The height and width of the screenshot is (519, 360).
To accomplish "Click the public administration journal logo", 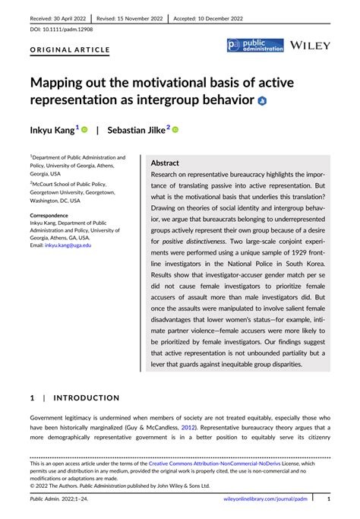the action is point(255,46).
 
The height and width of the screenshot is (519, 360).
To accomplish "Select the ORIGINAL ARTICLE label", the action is point(70,50).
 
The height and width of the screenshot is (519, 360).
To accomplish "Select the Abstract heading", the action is point(165,163).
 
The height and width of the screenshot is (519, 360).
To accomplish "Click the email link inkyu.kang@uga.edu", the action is point(68,245).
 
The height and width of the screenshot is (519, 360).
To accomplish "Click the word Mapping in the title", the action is point(67,82).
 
